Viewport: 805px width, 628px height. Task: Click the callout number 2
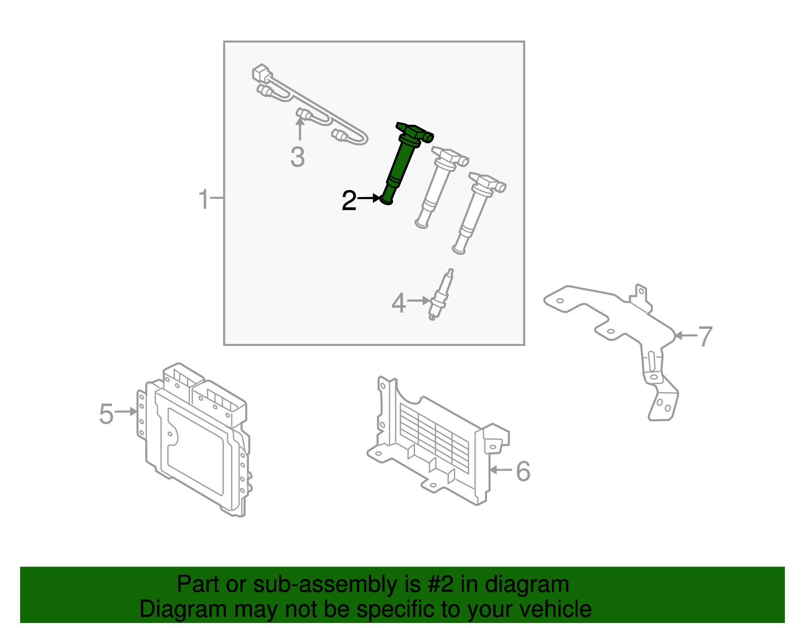[349, 201]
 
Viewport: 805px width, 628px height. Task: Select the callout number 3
[297, 157]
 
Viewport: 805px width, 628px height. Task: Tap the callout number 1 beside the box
[203, 199]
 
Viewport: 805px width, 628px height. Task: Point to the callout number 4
[398, 303]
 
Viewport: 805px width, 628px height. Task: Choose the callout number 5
[106, 414]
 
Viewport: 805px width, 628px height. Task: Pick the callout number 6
[523, 472]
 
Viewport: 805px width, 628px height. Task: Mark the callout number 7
[705, 336]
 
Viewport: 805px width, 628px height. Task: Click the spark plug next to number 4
[439, 297]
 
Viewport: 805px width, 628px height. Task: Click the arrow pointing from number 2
[369, 198]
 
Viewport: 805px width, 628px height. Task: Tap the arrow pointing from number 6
[501, 470]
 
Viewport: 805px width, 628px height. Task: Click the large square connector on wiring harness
[261, 74]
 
